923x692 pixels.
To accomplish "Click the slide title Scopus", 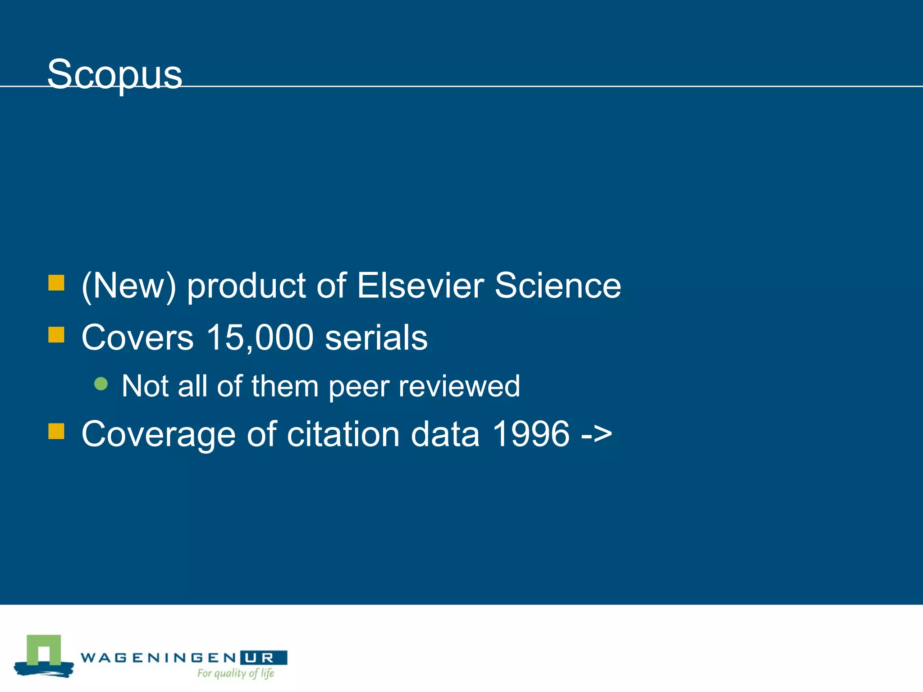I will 114,74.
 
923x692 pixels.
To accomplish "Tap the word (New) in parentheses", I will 128,287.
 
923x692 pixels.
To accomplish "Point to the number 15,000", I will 260,337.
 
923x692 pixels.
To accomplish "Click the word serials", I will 376,337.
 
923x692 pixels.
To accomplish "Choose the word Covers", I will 137,337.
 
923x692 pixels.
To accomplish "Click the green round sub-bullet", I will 101,384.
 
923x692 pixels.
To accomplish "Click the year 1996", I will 531,434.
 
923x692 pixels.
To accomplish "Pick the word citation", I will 343,434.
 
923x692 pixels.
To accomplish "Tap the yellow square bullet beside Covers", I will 56,335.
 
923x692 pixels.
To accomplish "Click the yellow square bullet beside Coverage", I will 56,431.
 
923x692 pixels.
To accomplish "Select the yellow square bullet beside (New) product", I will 56,283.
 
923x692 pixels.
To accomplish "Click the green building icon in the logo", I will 44,651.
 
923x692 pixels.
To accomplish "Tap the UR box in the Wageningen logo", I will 264,658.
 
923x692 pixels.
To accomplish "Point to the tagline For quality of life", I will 236,674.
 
